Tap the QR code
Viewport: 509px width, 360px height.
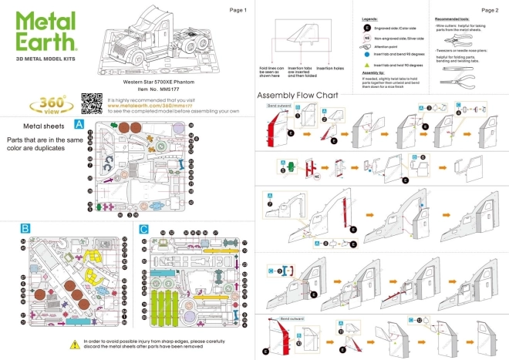click(x=91, y=103)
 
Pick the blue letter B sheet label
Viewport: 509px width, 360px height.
click(x=25, y=229)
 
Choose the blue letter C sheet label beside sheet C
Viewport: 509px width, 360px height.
click(x=143, y=229)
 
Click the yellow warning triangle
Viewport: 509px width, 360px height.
click(x=75, y=345)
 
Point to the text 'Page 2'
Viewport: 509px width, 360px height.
click(x=489, y=10)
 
